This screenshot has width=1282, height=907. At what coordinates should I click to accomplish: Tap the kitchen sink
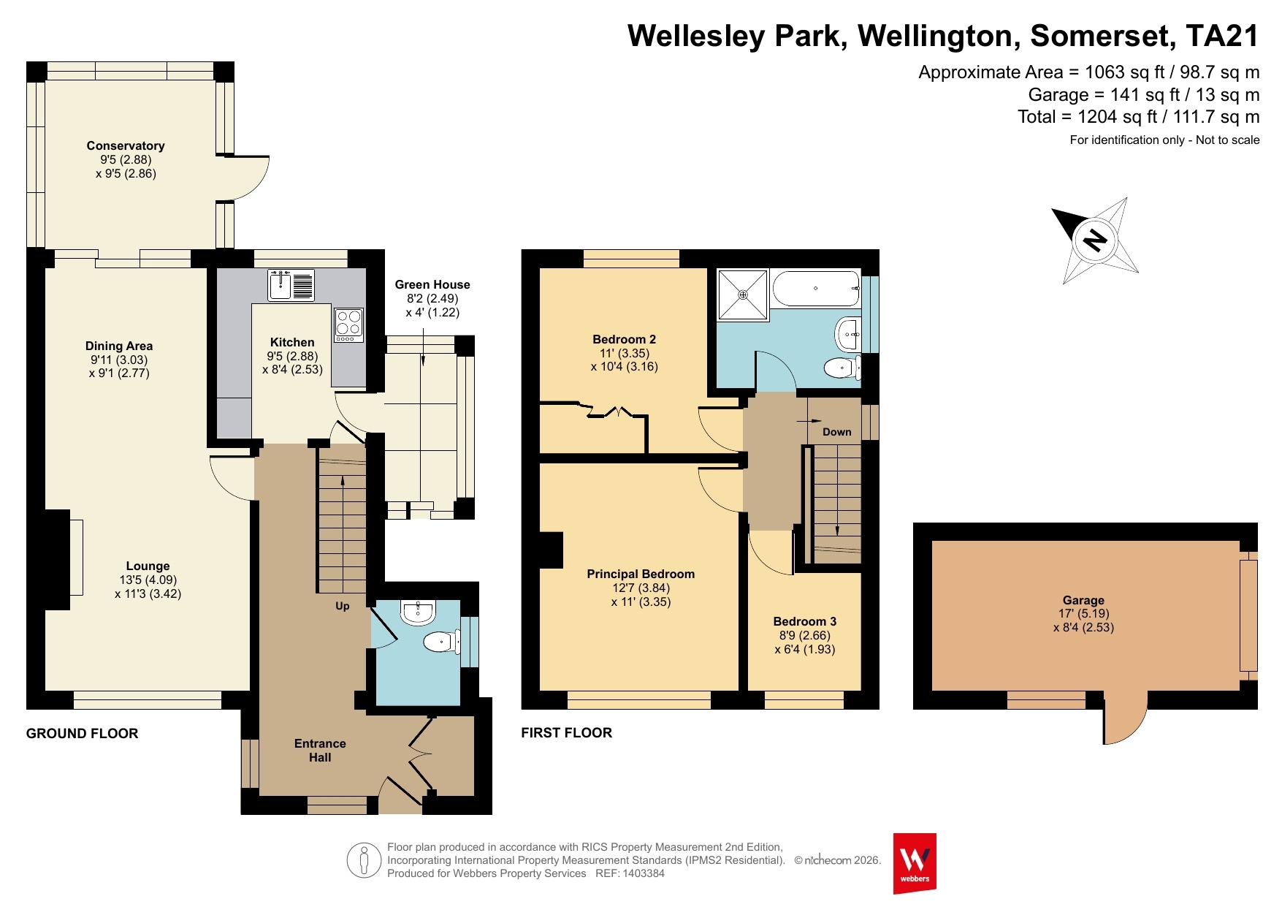(x=291, y=285)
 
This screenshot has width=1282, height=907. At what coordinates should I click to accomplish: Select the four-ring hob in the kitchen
(x=348, y=325)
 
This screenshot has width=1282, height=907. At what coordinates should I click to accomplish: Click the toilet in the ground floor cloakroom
(x=441, y=642)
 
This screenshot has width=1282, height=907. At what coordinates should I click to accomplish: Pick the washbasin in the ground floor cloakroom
(x=418, y=612)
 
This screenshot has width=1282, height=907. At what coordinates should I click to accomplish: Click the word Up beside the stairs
(x=343, y=606)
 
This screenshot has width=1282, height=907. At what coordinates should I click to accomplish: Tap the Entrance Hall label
(x=320, y=751)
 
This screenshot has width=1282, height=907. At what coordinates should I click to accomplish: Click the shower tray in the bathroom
(x=743, y=295)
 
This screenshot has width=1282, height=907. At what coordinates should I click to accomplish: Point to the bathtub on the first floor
(x=817, y=289)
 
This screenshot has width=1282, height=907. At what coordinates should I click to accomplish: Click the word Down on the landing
(x=837, y=432)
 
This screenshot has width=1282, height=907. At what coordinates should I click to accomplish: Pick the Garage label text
(x=1083, y=600)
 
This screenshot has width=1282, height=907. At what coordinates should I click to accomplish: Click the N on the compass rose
(x=1094, y=239)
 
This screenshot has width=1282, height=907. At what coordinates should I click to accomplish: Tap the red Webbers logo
(x=915, y=863)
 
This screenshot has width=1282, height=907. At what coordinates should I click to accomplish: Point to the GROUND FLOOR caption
(x=82, y=733)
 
